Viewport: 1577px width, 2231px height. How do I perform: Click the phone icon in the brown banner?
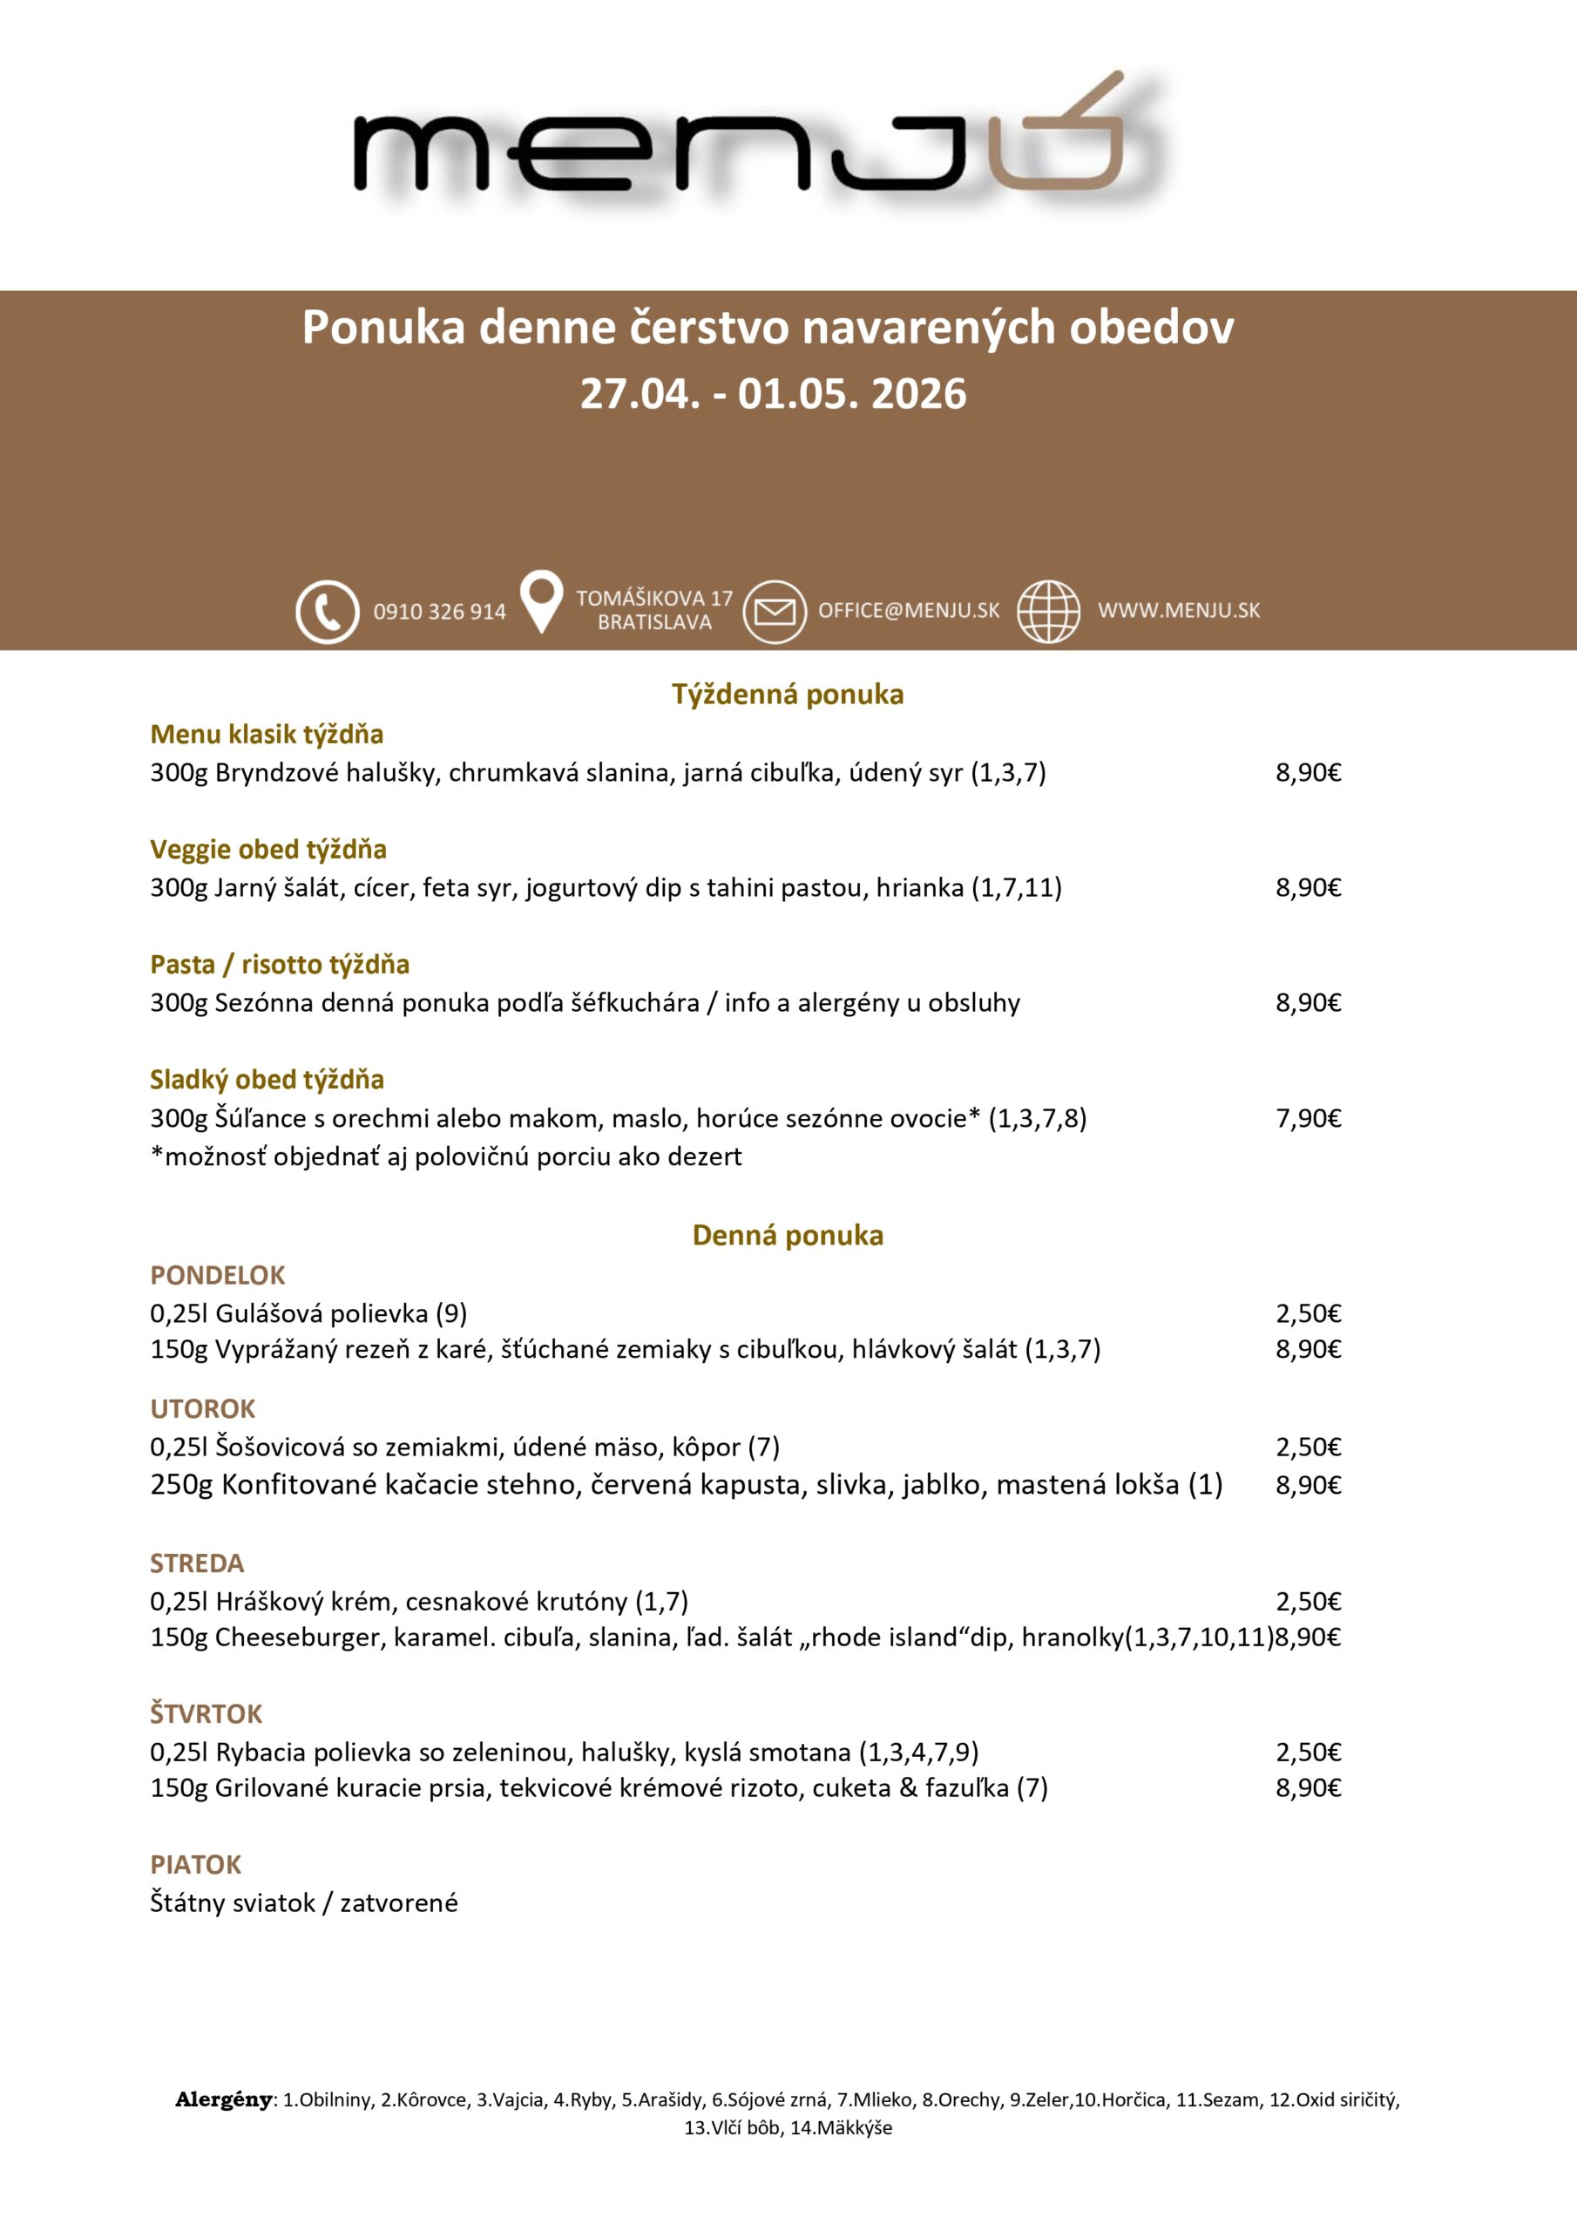click(x=328, y=611)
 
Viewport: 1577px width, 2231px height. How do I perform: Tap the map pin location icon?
click(x=541, y=601)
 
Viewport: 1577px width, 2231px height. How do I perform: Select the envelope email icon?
click(x=775, y=611)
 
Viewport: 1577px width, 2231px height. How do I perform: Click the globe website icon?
click(x=1047, y=611)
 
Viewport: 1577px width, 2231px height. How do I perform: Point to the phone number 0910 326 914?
click(x=439, y=612)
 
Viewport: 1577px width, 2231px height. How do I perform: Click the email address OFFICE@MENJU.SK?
click(x=909, y=610)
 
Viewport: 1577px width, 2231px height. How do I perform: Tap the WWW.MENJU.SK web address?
click(x=1178, y=610)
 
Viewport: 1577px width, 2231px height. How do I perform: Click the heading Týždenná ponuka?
click(x=787, y=694)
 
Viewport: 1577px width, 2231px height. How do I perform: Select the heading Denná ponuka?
click(x=787, y=1235)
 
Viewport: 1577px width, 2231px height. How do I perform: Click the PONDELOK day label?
click(x=218, y=1275)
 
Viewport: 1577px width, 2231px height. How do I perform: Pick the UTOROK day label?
click(x=202, y=1408)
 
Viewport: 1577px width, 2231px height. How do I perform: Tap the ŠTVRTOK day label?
click(x=206, y=1713)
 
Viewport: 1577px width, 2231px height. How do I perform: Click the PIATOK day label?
click(x=195, y=1864)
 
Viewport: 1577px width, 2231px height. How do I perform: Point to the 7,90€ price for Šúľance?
click(x=1308, y=1118)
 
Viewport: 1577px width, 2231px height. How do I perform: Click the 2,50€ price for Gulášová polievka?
click(x=1308, y=1313)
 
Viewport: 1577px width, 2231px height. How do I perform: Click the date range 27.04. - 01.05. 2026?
click(x=773, y=395)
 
